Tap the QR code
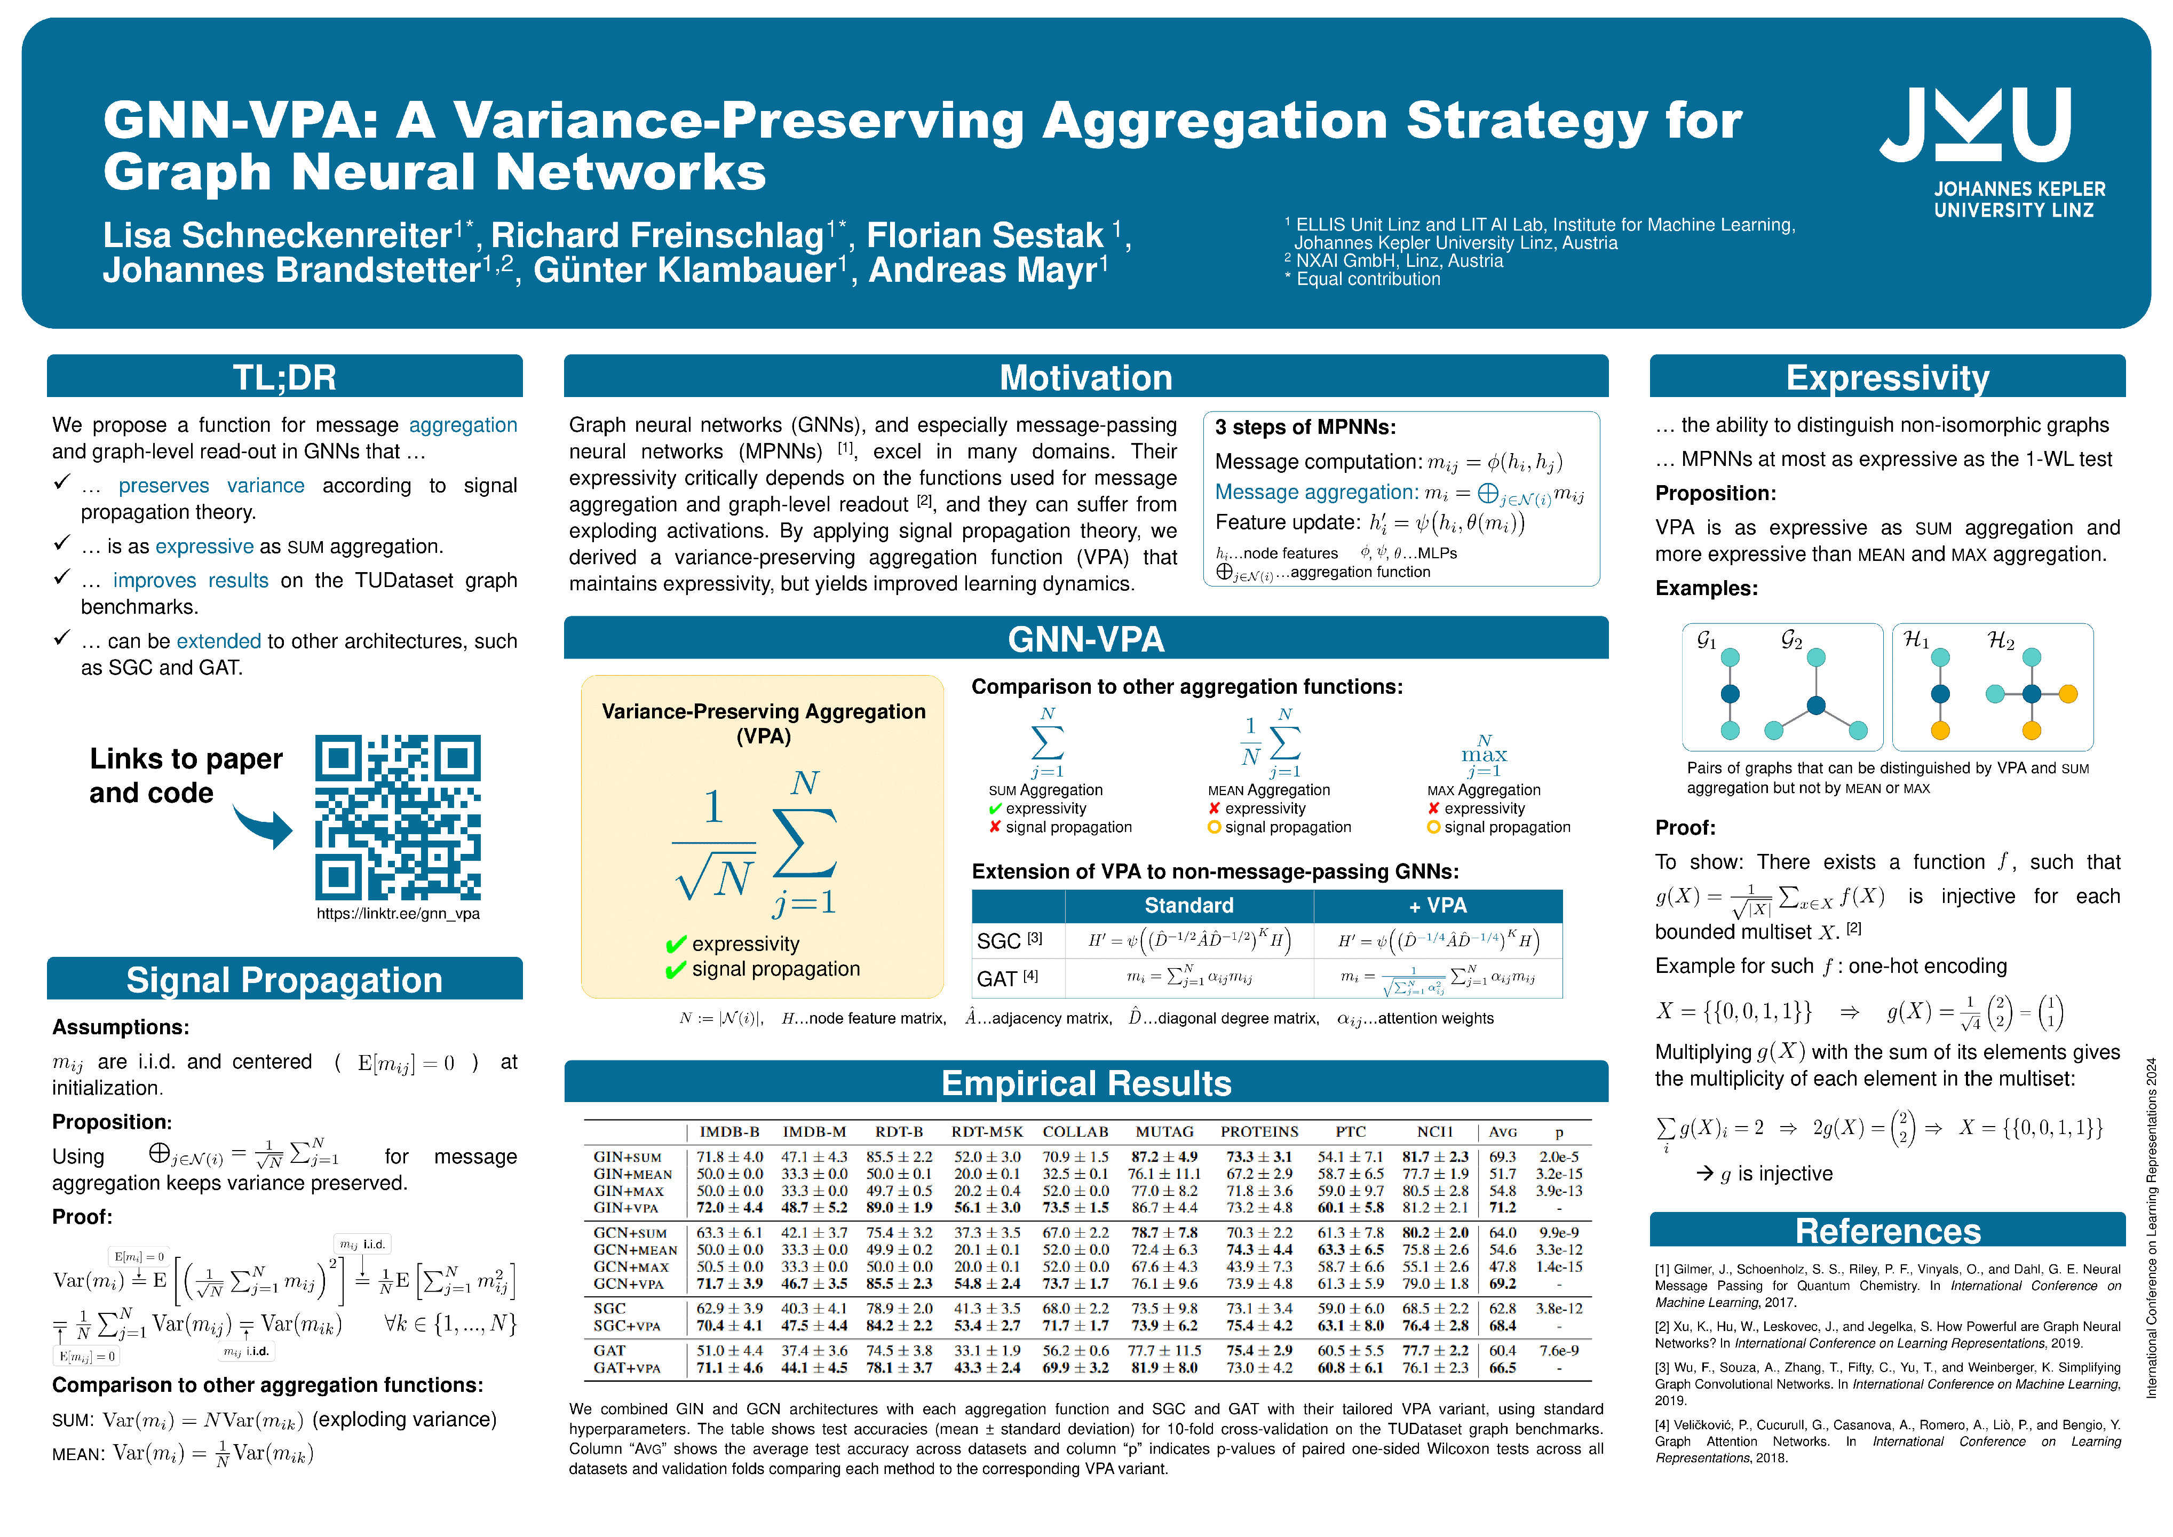point(398,817)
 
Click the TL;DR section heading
point(284,377)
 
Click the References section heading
point(1887,1230)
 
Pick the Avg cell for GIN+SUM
point(1502,1156)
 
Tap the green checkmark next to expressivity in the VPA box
point(676,945)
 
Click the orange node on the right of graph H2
point(2068,694)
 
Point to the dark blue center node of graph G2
point(1815,705)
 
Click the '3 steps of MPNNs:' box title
point(1305,427)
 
